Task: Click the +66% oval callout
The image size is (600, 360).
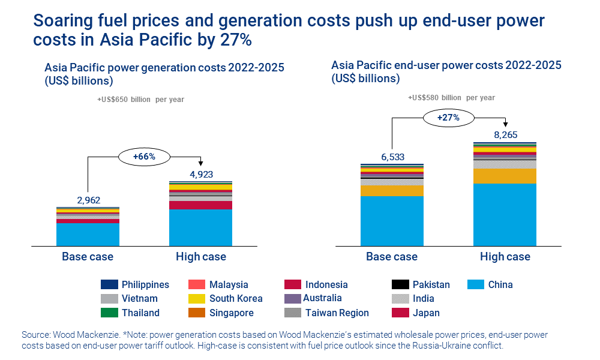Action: pos(144,157)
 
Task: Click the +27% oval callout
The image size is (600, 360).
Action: pos(448,118)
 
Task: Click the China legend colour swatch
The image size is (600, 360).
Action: pos(476,284)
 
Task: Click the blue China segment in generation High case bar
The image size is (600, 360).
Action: pos(200,227)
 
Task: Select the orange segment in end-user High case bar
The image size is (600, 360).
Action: pos(505,176)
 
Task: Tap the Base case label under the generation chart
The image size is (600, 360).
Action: pos(88,257)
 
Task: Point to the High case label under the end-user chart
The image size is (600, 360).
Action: pos(505,257)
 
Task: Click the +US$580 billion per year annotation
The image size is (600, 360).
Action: pos(451,98)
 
